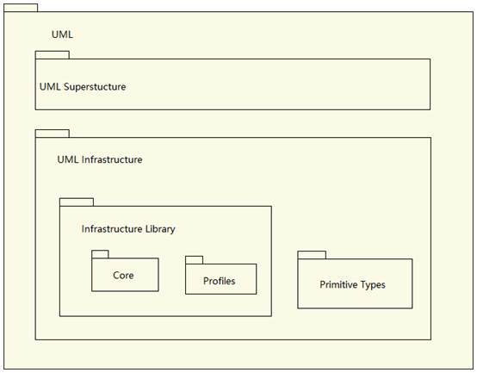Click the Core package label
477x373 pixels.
coord(123,276)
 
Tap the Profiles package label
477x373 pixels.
coord(219,281)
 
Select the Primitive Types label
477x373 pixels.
coord(352,285)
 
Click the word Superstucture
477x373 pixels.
coord(95,87)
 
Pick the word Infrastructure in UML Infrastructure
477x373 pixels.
coord(112,159)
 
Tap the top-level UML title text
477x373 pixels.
coord(62,34)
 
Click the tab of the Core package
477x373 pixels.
coord(100,254)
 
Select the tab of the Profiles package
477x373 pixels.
coord(194,260)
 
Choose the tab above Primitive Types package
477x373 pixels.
coord(312,255)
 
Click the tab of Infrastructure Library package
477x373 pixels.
coord(77,202)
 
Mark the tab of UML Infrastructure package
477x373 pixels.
coord(53,134)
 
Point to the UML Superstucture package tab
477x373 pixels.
coord(53,55)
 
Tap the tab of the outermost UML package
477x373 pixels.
coord(21,8)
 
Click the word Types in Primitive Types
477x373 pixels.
coord(373,285)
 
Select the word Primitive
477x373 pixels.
coord(338,284)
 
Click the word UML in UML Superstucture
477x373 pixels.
coord(50,87)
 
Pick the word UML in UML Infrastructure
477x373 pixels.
coord(68,159)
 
